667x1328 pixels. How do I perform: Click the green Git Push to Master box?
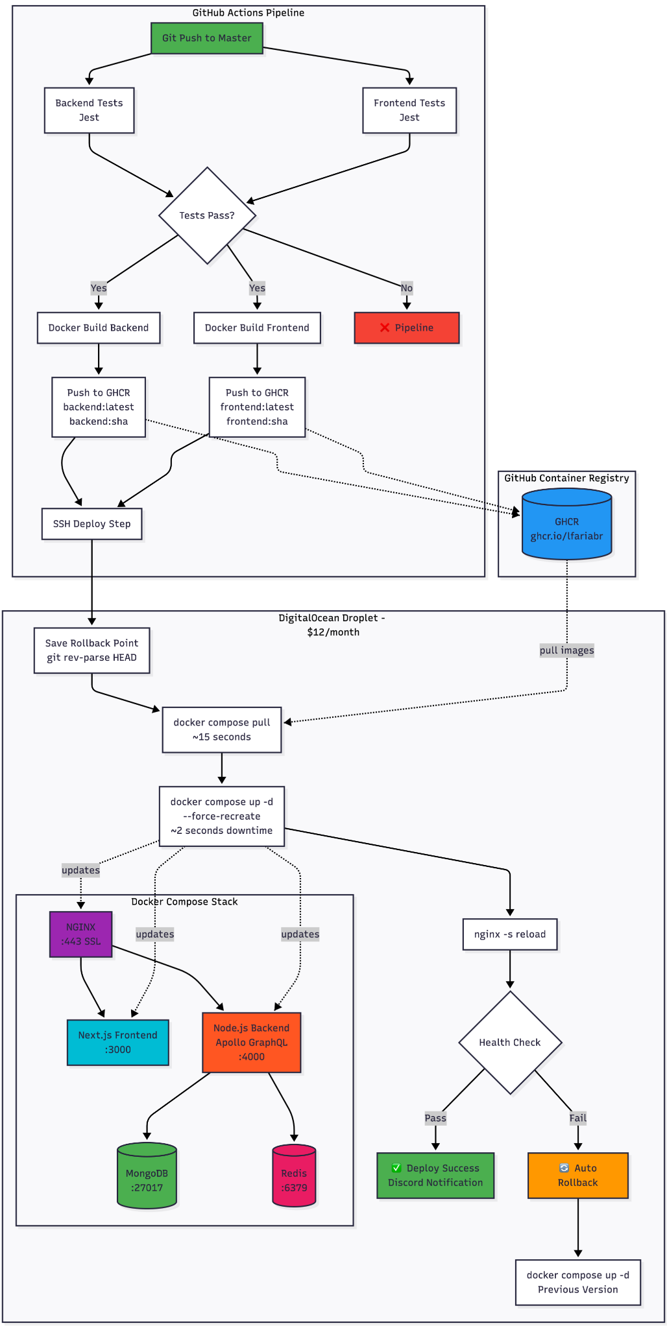(x=206, y=38)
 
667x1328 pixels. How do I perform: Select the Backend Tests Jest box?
(x=89, y=110)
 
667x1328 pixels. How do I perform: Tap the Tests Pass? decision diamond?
(x=207, y=215)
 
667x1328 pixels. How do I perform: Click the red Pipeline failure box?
(x=406, y=327)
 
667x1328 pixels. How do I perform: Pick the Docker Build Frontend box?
(x=257, y=327)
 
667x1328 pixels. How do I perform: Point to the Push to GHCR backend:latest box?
(x=99, y=407)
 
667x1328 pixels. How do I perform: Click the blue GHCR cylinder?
(x=566, y=525)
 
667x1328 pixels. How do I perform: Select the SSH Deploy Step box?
(x=91, y=523)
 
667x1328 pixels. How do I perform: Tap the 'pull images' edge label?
(x=566, y=650)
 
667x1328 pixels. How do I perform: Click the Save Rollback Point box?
(x=91, y=650)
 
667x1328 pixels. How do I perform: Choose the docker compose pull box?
(x=221, y=729)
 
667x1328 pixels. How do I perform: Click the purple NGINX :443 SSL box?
(x=80, y=934)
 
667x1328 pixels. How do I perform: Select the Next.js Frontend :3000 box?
(x=117, y=1042)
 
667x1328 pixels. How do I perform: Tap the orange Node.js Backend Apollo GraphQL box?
(x=251, y=1042)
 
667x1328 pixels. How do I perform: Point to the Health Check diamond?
(x=510, y=1042)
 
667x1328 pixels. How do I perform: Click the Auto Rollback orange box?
(x=577, y=1175)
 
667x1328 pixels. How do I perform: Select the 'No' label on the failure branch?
(x=406, y=288)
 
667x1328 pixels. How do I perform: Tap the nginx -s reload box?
(x=510, y=934)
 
